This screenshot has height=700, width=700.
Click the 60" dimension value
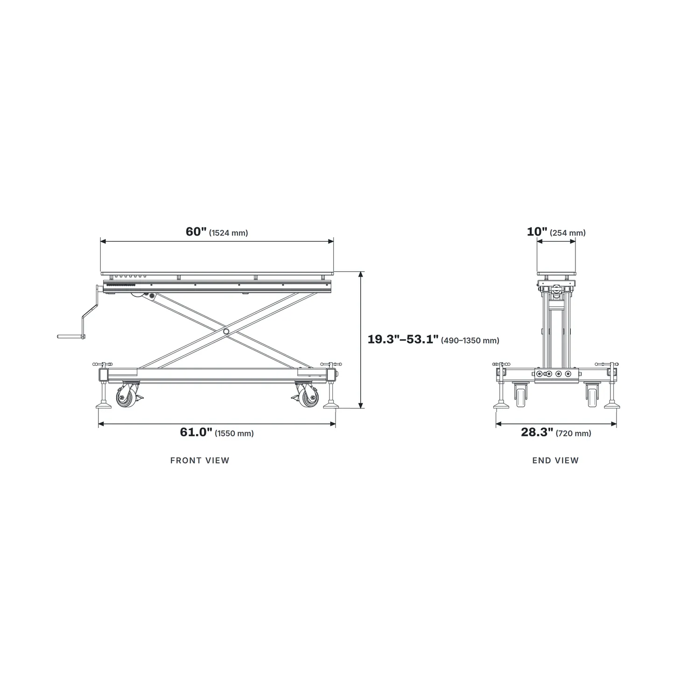[196, 232]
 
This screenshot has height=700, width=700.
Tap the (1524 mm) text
[229, 233]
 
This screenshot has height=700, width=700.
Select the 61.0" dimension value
[196, 432]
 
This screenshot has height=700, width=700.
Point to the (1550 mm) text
[234, 434]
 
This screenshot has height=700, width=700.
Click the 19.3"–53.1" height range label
[403, 339]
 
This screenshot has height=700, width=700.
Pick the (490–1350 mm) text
[470, 341]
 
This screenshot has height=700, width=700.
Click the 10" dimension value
[537, 232]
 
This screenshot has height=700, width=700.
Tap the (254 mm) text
[568, 233]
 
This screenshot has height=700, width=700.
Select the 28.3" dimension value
[537, 432]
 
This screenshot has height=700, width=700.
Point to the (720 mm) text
[574, 434]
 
